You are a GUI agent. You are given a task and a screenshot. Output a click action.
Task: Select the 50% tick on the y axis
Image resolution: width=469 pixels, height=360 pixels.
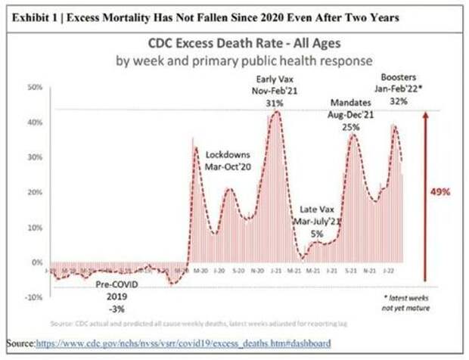[35, 87]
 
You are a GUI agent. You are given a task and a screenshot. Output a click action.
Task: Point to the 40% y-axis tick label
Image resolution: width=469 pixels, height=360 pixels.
[35, 122]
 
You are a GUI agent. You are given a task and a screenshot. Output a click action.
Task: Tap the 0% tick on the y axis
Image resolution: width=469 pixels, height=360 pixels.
[37, 262]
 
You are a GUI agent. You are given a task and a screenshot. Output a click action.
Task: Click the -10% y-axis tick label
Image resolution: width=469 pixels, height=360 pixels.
[33, 297]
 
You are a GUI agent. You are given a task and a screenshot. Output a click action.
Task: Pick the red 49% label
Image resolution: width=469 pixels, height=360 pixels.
[439, 192]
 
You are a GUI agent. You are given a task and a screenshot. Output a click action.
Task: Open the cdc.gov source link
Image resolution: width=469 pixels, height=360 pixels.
[183, 343]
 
